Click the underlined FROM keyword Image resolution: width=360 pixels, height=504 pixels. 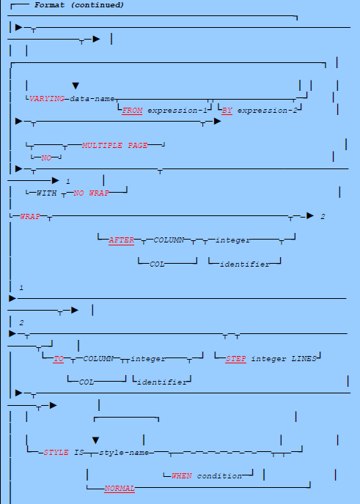pyautogui.click(x=132, y=109)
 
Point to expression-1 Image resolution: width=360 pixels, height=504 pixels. pyautogui.click(x=176, y=109)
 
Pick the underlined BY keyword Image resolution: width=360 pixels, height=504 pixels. pyautogui.click(x=227, y=109)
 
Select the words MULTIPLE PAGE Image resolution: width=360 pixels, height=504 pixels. pyautogui.click(x=115, y=145)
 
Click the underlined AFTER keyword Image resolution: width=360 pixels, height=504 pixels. pyautogui.click(x=122, y=240)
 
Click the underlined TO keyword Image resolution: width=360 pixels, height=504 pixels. pyautogui.click(x=59, y=359)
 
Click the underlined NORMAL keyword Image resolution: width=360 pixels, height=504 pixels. pyautogui.click(x=120, y=488)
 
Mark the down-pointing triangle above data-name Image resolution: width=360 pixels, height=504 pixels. pyautogui.click(x=75, y=86)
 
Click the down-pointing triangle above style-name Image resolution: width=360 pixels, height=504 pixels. pyautogui.click(x=95, y=440)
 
